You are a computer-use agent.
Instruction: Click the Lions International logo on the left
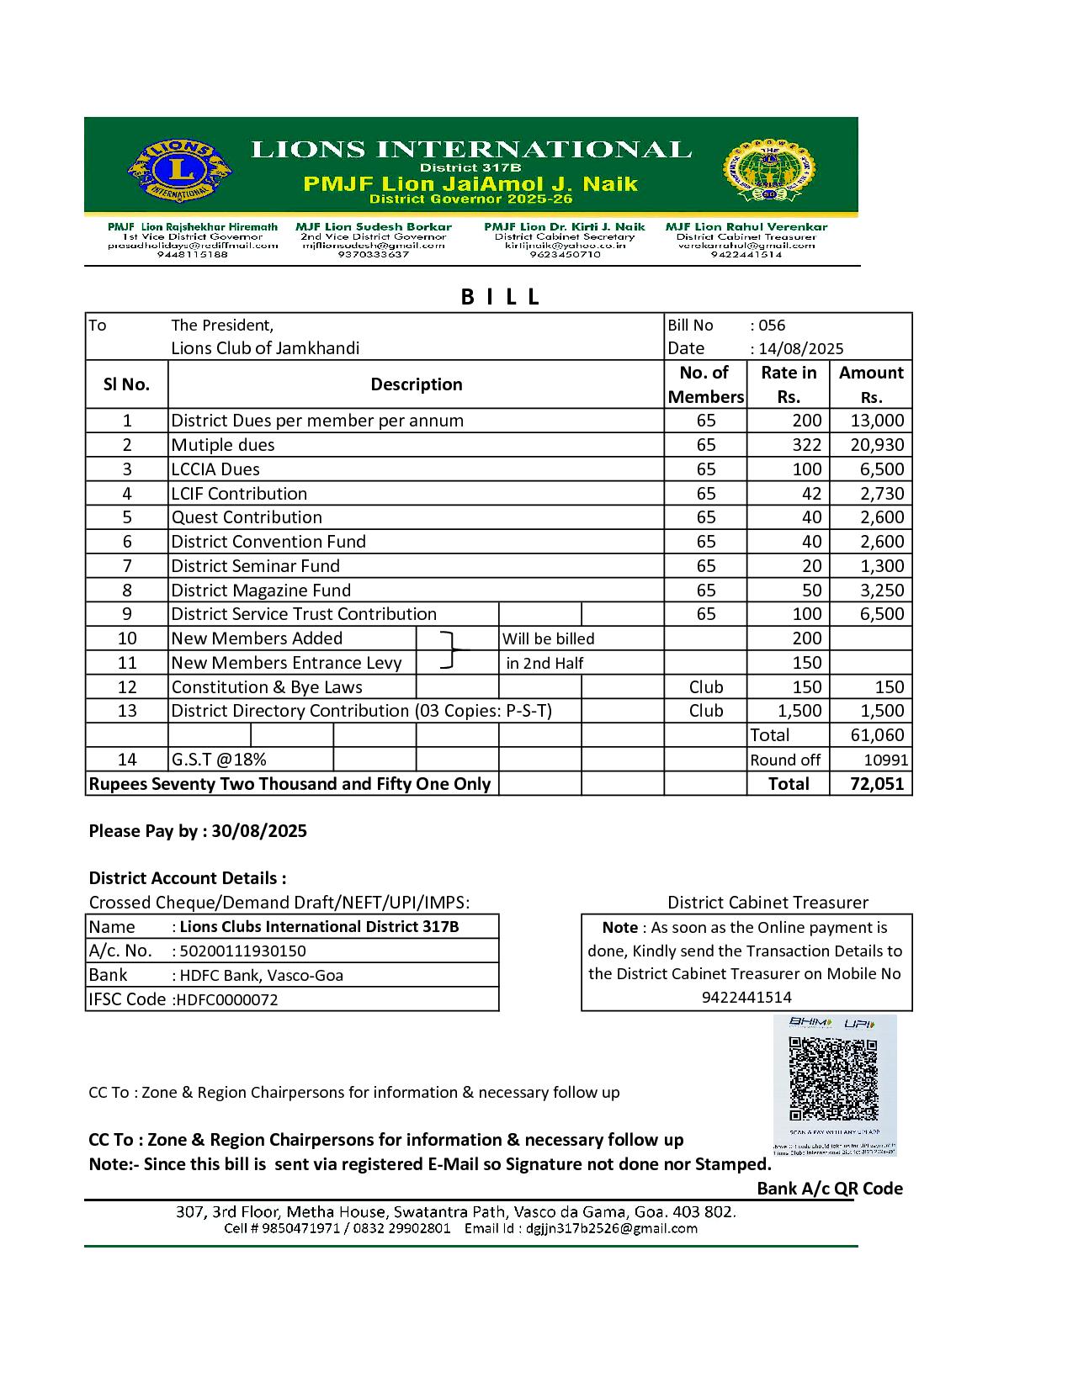coord(178,169)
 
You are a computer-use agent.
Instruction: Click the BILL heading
coord(500,297)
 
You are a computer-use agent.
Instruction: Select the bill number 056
coord(772,326)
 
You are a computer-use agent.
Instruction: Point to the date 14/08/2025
coord(800,349)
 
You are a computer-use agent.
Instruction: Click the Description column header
coord(417,384)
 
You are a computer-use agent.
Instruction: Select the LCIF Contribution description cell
coord(239,494)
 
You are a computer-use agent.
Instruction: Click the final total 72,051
coord(877,784)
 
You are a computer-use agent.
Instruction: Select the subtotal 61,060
coord(877,735)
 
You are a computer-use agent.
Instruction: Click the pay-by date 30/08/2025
coord(259,831)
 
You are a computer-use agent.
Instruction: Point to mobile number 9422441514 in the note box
coord(746,998)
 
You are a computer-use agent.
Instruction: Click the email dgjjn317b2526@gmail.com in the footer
coord(612,1228)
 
